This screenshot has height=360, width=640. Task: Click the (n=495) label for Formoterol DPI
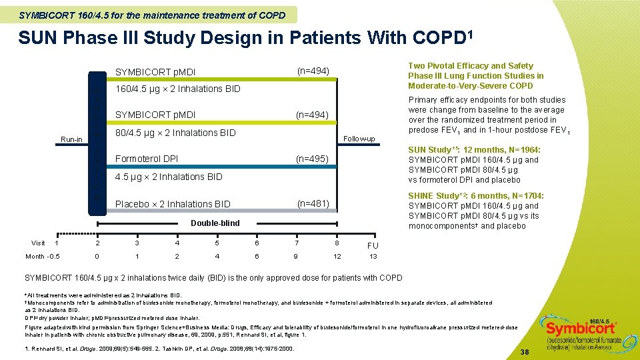313,159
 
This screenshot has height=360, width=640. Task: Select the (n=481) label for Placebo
313,203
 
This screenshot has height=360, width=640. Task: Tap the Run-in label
71,139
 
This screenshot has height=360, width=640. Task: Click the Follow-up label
359,139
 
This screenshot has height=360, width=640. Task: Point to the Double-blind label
215,223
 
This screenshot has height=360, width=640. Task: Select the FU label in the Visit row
373,245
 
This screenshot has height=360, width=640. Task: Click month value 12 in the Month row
337,257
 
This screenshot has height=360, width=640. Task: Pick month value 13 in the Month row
373,257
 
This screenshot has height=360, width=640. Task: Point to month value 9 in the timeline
296,257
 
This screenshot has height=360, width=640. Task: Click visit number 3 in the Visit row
137,243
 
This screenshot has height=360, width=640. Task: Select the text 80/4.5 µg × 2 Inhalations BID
175,133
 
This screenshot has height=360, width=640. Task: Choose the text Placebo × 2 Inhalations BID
173,204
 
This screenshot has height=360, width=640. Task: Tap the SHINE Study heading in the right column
437,196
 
